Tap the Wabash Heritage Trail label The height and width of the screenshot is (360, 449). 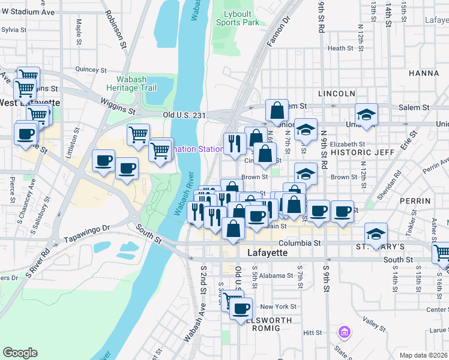point(136,83)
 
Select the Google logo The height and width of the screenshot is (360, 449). point(20,353)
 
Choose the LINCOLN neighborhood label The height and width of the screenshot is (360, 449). point(337,94)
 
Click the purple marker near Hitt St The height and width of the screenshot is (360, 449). point(344,331)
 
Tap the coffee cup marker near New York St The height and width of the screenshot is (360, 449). point(241,308)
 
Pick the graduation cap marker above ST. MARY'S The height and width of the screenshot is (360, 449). point(376,233)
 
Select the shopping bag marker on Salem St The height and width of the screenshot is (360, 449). point(277,110)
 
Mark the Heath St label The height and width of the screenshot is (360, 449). point(340,48)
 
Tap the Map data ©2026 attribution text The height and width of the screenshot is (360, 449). point(423,355)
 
